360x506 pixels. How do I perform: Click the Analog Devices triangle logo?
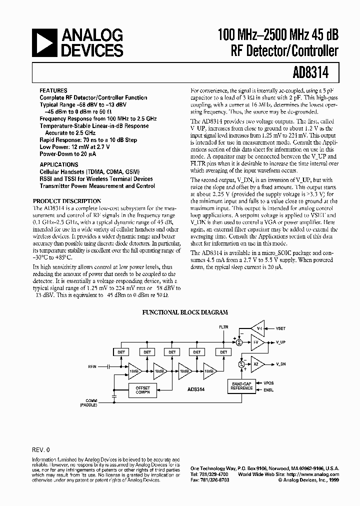[x=44, y=42]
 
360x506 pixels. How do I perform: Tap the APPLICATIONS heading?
[x=57, y=163]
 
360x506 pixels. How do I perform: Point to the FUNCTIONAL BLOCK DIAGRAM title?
[x=185, y=312]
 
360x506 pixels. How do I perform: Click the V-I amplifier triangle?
[x=258, y=329]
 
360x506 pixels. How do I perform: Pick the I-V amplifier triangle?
[x=257, y=342]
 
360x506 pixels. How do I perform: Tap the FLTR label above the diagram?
[x=223, y=327]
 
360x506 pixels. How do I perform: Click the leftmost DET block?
[x=121, y=352]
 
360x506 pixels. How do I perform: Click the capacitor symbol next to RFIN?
[x=108, y=366]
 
